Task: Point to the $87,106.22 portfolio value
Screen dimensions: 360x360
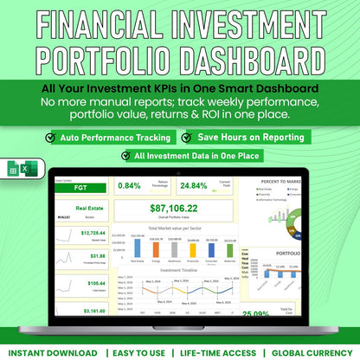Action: (x=175, y=208)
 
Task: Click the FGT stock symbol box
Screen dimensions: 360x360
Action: (x=79, y=185)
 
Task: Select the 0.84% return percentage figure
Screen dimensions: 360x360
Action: (x=128, y=185)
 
